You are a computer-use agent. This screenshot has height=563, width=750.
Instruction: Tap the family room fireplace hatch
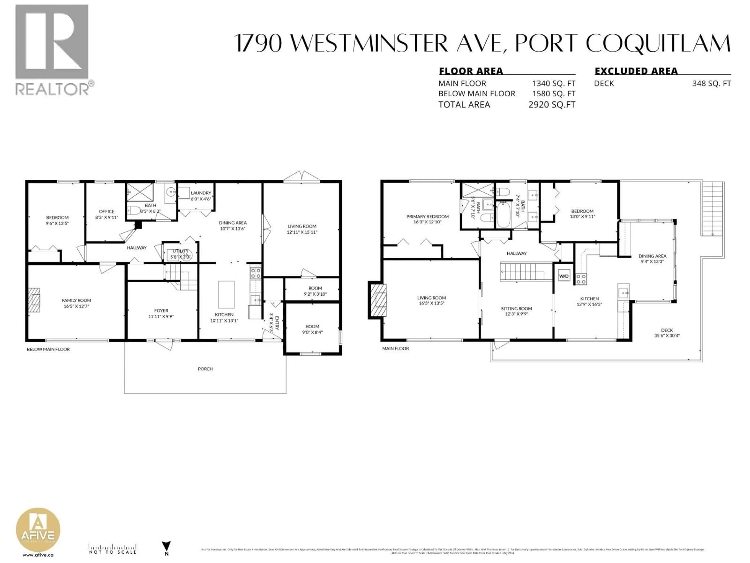pos(34,300)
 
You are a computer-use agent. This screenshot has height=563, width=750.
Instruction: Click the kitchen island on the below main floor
pos(226,294)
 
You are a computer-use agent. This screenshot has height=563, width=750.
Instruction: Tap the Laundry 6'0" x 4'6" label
pos(201,196)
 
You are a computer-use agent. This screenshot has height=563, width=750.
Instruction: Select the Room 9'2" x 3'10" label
pos(315,291)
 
